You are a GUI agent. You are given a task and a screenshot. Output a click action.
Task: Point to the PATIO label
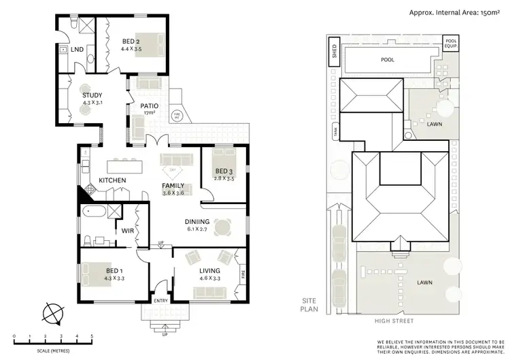point(150,105)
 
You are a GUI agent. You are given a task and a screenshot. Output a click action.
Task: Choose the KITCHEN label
point(113,180)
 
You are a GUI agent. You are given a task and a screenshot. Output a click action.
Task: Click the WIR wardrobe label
point(127,231)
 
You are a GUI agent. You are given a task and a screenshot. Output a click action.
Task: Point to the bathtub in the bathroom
point(95,213)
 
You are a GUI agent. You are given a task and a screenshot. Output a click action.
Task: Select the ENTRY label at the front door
point(161,300)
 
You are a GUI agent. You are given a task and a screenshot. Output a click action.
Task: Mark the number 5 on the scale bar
point(91,336)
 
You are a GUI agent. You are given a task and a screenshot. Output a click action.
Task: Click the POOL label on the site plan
point(388,59)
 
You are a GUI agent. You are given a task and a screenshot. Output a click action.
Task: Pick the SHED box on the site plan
point(334,52)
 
